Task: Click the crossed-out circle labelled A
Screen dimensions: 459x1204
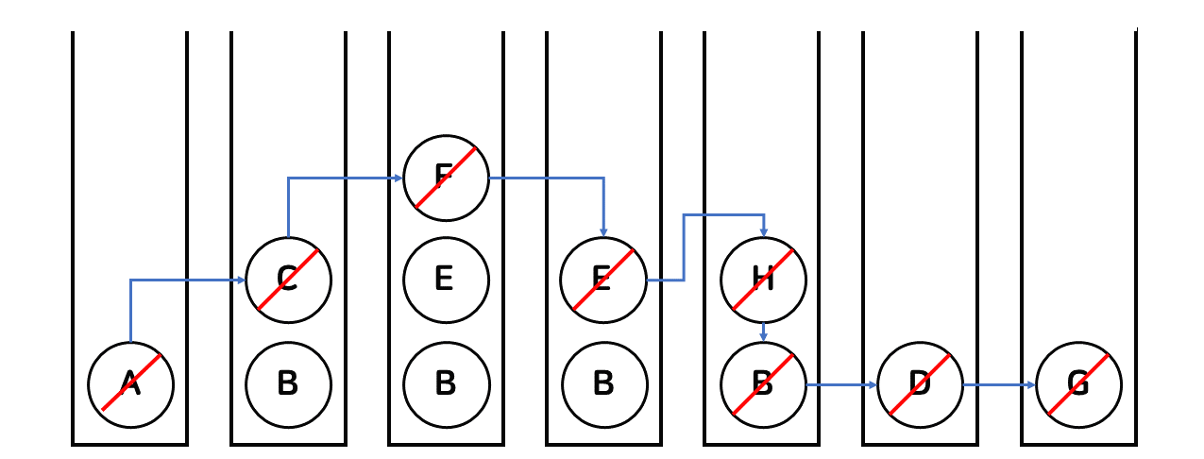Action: coord(130,384)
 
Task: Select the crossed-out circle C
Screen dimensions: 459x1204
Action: coord(288,280)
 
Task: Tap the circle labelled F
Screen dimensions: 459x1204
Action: coord(446,177)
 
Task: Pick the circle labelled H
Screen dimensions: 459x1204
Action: coord(763,280)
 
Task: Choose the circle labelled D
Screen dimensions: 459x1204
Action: coord(920,384)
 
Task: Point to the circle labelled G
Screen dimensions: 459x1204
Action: coord(1078,384)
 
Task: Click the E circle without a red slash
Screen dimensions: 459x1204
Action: coord(446,280)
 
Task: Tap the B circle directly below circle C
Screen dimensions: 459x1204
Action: coord(288,384)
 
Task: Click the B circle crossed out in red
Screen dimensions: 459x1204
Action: coord(763,384)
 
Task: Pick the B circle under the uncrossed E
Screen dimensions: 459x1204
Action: coord(446,384)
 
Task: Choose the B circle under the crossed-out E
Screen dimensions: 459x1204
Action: coord(604,384)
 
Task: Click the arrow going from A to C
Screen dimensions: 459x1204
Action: coord(179,280)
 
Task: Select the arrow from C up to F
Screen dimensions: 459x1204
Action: coord(340,177)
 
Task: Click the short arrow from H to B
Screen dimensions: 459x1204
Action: coord(763,331)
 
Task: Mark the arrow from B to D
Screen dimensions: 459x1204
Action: coord(840,384)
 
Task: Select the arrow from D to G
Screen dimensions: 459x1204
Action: coord(999,384)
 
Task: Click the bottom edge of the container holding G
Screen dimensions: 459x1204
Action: coord(1078,443)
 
